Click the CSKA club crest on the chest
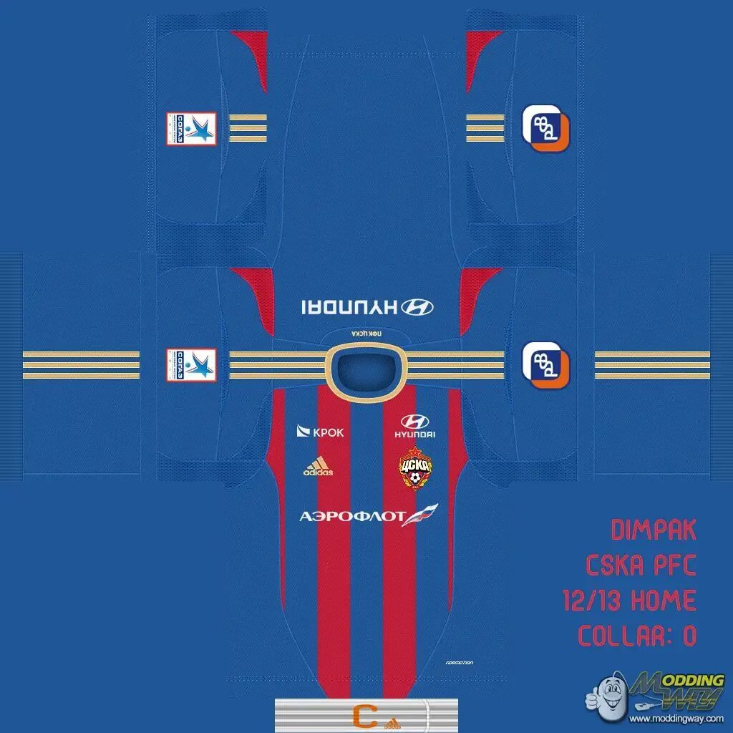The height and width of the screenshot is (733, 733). (x=415, y=467)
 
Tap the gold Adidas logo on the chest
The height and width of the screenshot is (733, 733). (x=318, y=466)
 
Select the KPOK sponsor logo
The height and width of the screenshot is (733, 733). (x=321, y=432)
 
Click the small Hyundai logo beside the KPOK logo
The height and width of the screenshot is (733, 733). (x=415, y=426)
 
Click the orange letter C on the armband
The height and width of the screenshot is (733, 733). (x=365, y=714)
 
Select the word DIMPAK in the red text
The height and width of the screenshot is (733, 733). (x=654, y=531)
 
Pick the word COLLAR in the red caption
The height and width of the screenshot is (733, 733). (x=619, y=636)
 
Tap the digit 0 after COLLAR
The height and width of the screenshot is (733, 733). (x=689, y=636)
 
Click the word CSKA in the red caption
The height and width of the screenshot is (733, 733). (x=616, y=566)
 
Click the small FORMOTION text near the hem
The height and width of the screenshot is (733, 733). (x=458, y=663)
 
